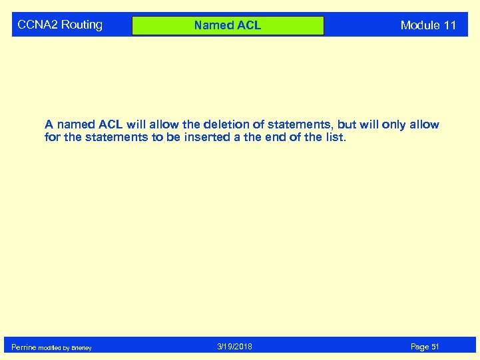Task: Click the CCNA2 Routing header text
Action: (x=60, y=25)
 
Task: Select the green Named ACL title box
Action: (x=228, y=25)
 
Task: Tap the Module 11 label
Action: (x=428, y=25)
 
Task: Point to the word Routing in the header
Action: (x=82, y=25)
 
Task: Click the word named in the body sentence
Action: (x=75, y=124)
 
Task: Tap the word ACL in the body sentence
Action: (x=111, y=124)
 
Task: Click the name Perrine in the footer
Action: (x=24, y=347)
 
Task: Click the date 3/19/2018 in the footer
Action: (x=234, y=347)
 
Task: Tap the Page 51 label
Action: (x=425, y=347)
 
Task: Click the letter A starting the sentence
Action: (x=49, y=124)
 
